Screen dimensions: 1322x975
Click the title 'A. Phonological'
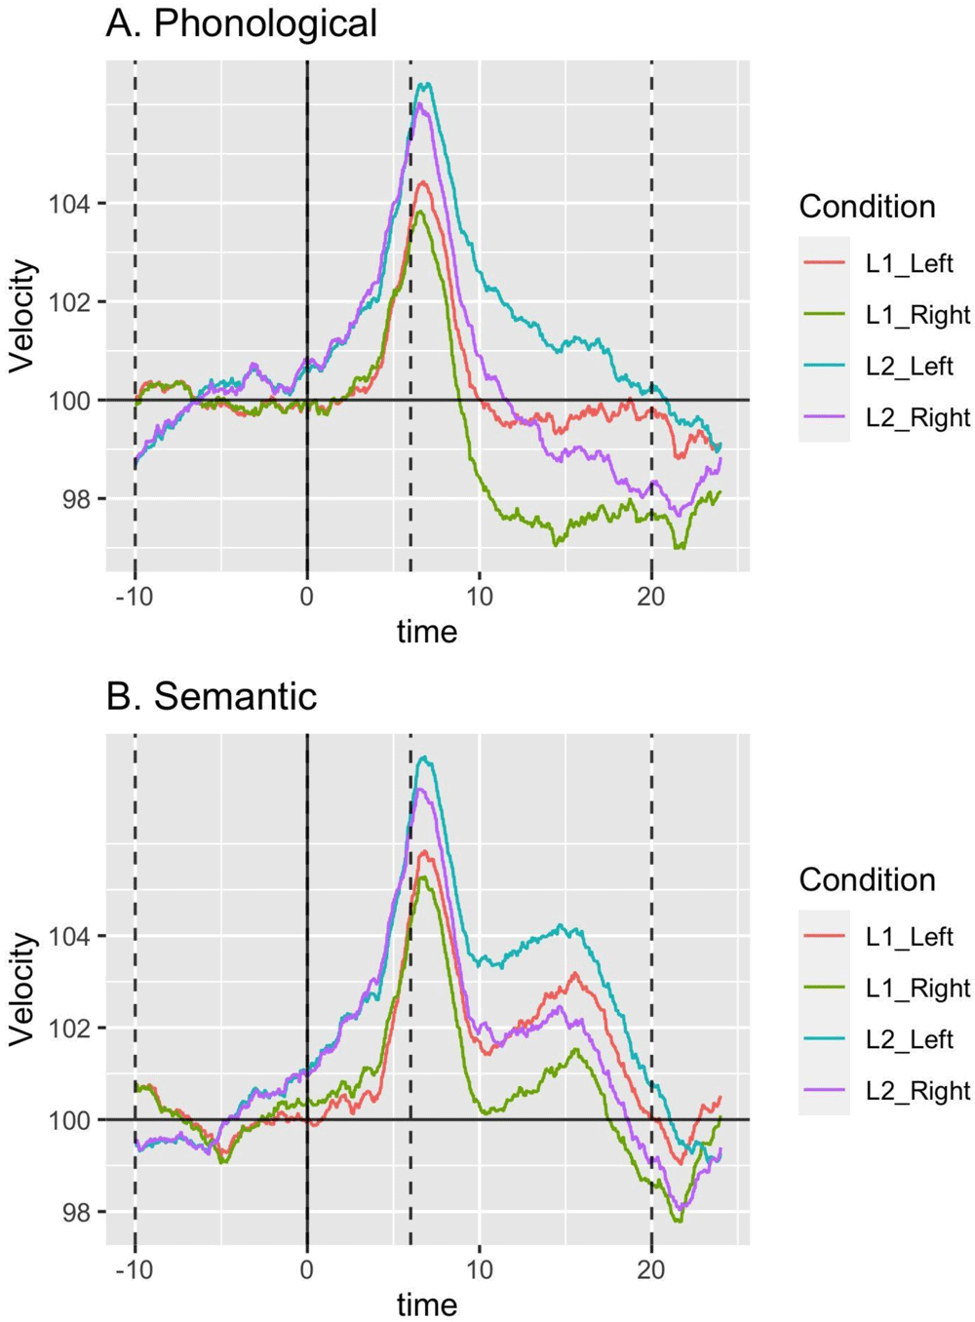(x=241, y=23)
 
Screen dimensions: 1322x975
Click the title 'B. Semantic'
(x=211, y=696)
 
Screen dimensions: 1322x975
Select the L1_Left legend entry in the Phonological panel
(x=909, y=263)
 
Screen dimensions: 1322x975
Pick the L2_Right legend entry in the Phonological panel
(x=917, y=417)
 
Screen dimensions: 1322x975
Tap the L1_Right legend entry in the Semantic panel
(x=917, y=988)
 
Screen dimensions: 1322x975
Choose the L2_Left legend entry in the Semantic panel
(x=909, y=1039)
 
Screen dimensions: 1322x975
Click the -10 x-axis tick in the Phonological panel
(x=134, y=597)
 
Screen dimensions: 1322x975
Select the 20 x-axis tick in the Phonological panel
(x=651, y=597)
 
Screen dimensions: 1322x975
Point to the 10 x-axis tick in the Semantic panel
(x=479, y=1269)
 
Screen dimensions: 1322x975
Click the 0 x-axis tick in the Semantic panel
(x=307, y=1269)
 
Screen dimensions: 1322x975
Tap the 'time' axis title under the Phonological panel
(x=426, y=632)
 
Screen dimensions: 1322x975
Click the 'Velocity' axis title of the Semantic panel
(x=22, y=989)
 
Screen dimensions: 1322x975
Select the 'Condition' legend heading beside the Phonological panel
(x=867, y=207)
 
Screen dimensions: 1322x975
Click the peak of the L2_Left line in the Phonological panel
(x=423, y=84)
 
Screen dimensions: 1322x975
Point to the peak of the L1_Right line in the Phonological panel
(x=419, y=211)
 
